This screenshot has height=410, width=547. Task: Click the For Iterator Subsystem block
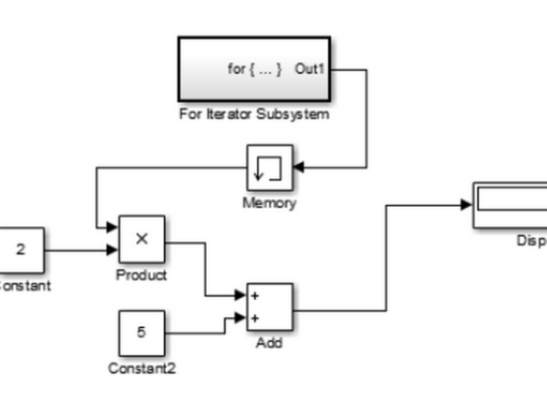[x=253, y=69]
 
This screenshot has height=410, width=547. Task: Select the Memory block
[x=270, y=168]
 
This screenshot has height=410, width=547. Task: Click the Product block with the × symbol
[x=141, y=240]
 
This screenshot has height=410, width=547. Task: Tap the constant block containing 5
[x=141, y=333]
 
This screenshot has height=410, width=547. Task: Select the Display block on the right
[x=511, y=204]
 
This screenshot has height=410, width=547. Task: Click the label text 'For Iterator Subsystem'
[x=253, y=116]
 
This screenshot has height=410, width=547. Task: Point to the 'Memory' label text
[x=269, y=203]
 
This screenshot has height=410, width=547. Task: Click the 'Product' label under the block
[x=141, y=275]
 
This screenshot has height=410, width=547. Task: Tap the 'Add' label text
[x=270, y=343]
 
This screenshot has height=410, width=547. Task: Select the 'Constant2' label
[x=141, y=369]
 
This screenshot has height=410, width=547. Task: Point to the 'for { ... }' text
[x=254, y=69]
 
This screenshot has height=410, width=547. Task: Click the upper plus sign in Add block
[x=255, y=296]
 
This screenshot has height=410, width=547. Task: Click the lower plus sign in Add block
[x=255, y=318]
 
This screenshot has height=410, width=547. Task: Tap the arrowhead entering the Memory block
[x=298, y=168]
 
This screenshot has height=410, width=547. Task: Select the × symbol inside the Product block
[x=141, y=239]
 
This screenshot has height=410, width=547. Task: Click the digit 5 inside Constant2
[x=141, y=332]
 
